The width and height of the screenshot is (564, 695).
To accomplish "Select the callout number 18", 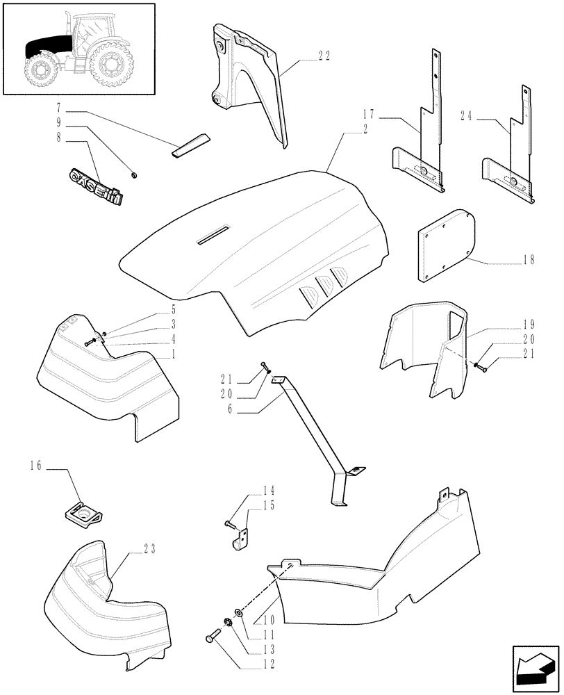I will pos(529,260).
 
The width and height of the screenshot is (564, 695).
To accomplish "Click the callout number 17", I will pos(369,113).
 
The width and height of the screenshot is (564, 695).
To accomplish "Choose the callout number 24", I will pos(466,116).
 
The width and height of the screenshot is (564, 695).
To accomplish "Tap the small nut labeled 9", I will pos(133,172).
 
